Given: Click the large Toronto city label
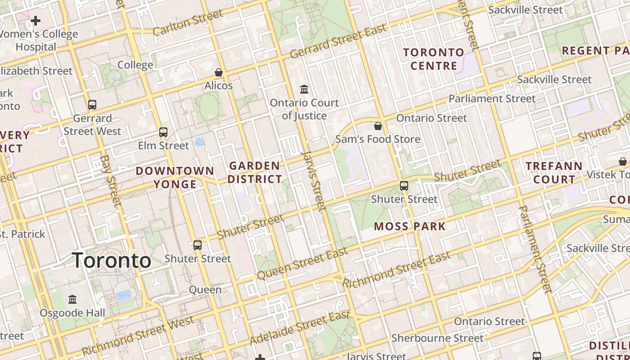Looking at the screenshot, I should (x=111, y=261).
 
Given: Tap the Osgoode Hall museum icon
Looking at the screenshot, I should (x=72, y=300).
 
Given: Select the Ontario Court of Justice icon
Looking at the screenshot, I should (x=304, y=90).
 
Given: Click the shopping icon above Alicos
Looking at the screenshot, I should (x=219, y=72).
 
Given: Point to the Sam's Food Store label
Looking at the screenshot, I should (x=378, y=139).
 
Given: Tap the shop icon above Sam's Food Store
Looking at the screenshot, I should (x=378, y=126).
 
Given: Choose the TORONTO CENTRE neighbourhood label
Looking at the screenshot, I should (x=433, y=59).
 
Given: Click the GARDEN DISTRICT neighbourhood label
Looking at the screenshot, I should (x=255, y=172).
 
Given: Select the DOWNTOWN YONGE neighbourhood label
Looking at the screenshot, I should (x=175, y=177).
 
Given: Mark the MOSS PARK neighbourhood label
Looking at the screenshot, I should (x=409, y=226).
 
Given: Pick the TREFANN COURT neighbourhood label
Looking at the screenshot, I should (x=553, y=173).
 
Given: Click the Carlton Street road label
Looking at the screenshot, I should (x=188, y=22).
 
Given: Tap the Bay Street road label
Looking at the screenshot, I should (x=111, y=181).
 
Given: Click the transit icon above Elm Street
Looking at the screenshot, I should (x=163, y=132).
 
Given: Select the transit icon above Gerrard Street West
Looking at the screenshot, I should (x=92, y=105).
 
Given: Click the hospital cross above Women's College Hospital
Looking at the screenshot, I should (x=36, y=21).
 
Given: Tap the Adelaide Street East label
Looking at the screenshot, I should (x=300, y=328).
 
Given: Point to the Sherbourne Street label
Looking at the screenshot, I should (x=437, y=338).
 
